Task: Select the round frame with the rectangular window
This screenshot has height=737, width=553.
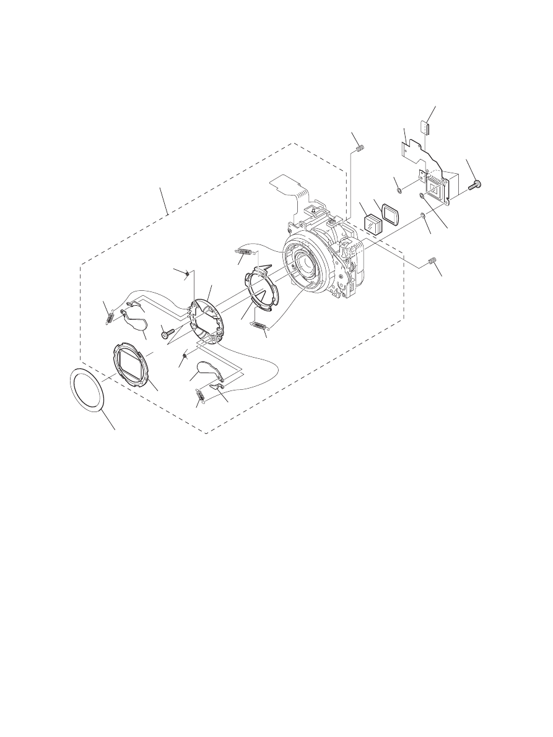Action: tap(133, 367)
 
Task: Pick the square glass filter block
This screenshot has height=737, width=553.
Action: tap(372, 224)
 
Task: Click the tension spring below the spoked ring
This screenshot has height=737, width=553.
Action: tap(261, 327)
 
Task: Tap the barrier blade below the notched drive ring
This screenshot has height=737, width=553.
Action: tap(207, 371)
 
